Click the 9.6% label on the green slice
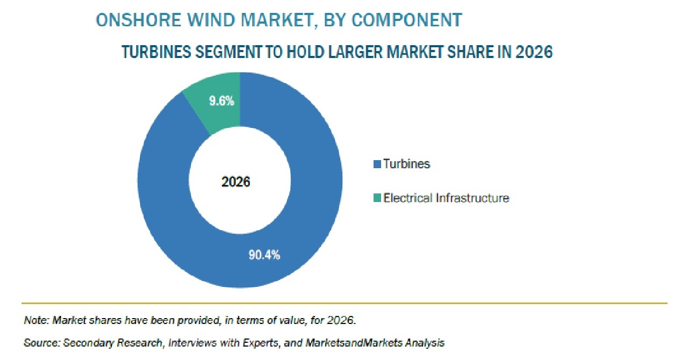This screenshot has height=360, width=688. point(221,101)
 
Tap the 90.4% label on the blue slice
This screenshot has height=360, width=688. point(264,255)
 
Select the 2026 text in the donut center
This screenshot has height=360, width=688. point(235,182)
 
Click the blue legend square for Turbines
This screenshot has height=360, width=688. point(377,164)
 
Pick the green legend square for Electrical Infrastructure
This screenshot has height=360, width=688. point(377,198)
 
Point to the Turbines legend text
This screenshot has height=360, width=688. point(407,164)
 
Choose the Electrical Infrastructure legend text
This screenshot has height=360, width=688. point(446,198)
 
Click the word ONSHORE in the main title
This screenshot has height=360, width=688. point(139,20)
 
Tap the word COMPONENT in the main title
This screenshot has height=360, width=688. point(407,20)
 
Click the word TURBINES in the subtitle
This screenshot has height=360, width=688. point(156,52)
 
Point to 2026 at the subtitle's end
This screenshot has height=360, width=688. point(534,52)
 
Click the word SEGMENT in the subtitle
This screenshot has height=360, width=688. point(228,52)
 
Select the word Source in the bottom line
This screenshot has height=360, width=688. point(42,342)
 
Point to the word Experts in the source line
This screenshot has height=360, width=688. point(261,343)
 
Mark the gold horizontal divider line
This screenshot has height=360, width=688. point(345,303)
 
